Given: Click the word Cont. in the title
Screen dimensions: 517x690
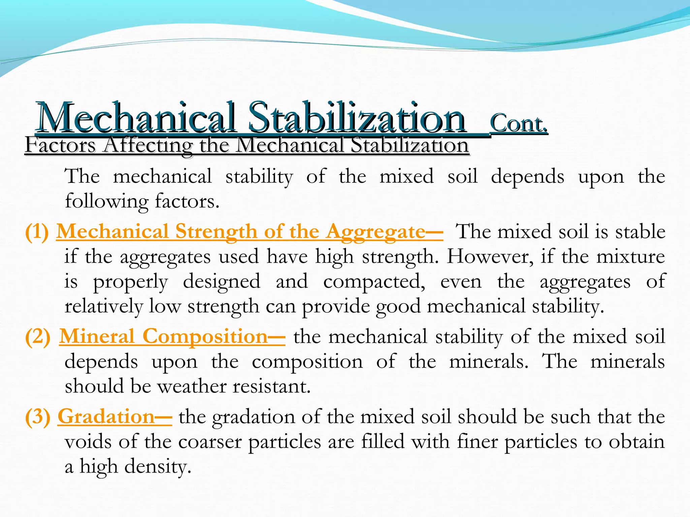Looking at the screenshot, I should (x=519, y=124).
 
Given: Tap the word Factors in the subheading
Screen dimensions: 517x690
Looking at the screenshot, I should (x=60, y=145).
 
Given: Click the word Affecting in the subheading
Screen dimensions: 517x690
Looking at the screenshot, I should (x=148, y=146).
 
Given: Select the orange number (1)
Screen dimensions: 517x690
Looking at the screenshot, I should (x=37, y=232).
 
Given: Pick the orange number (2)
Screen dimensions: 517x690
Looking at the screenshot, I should (x=38, y=337).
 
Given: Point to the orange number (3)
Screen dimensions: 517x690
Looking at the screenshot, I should (x=38, y=417).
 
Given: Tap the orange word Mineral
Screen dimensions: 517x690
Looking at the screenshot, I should (x=97, y=337).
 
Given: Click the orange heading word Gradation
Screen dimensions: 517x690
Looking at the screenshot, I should (x=106, y=417).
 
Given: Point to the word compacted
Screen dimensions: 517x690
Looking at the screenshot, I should (x=374, y=282).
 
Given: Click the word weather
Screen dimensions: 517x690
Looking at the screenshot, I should (x=192, y=386).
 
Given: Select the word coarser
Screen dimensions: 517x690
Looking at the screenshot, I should (x=210, y=442).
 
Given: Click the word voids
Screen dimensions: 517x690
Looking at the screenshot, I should (x=88, y=442).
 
